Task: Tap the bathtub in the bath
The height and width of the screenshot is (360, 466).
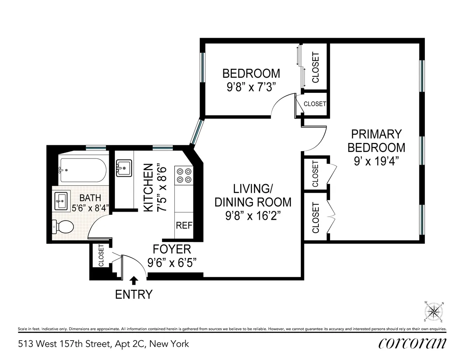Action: pos(82,170)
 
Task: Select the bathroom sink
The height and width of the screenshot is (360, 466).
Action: pos(62,200)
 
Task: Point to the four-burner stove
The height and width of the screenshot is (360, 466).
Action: pos(184,175)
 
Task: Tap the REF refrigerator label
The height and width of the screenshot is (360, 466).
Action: pos(184,225)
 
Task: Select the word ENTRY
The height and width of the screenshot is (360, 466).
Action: pos(134,294)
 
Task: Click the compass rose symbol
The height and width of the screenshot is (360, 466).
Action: pos(434,312)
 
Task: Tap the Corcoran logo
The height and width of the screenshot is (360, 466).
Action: pos(412,343)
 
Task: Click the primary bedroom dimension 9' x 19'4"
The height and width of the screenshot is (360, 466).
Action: pos(376,162)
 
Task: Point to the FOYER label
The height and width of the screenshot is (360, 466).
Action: pos(172,249)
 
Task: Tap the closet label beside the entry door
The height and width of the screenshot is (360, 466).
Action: pos(101,255)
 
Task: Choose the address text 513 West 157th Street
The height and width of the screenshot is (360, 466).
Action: pos(103,344)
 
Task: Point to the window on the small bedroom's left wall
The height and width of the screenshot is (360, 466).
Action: pos(202,67)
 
